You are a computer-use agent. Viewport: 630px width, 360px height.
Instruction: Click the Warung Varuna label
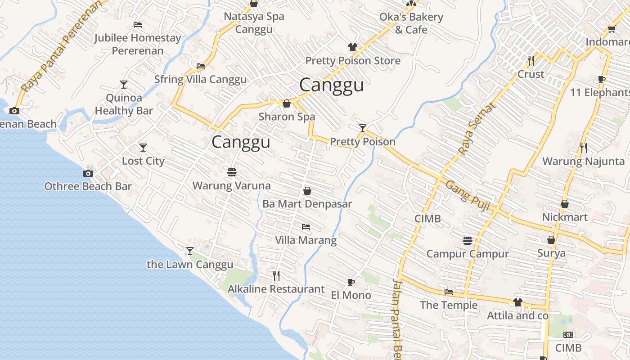point(231,185)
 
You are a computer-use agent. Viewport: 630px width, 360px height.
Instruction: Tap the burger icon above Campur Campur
point(468,240)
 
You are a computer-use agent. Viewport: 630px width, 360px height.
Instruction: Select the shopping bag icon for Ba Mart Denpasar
point(307,191)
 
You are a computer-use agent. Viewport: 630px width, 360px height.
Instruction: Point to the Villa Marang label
point(306,240)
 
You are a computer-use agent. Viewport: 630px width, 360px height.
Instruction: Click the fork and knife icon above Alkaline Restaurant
point(276,275)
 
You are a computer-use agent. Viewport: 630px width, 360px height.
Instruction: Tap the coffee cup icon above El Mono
point(351,282)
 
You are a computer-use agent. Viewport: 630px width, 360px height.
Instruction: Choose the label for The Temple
point(448,305)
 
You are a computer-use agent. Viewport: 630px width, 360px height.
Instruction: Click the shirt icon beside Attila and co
point(518,302)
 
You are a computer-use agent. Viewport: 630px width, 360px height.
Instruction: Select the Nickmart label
point(564,217)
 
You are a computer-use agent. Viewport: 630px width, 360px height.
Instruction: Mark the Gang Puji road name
point(468,193)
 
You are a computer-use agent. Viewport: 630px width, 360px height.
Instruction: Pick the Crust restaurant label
point(531,74)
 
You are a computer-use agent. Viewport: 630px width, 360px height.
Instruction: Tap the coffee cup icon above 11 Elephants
point(601,80)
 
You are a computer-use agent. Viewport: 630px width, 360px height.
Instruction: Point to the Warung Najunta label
point(583,161)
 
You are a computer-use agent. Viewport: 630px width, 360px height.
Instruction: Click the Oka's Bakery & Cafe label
point(411,23)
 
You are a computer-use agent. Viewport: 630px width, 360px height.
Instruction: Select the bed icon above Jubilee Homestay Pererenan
point(138,25)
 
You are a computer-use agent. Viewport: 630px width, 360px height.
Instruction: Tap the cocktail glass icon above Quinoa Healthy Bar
point(124,84)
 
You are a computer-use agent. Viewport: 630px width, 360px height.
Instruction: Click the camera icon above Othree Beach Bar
point(88,173)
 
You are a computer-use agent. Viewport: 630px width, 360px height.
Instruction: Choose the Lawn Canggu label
point(190,265)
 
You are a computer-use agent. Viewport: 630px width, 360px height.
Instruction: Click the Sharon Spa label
point(287,117)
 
